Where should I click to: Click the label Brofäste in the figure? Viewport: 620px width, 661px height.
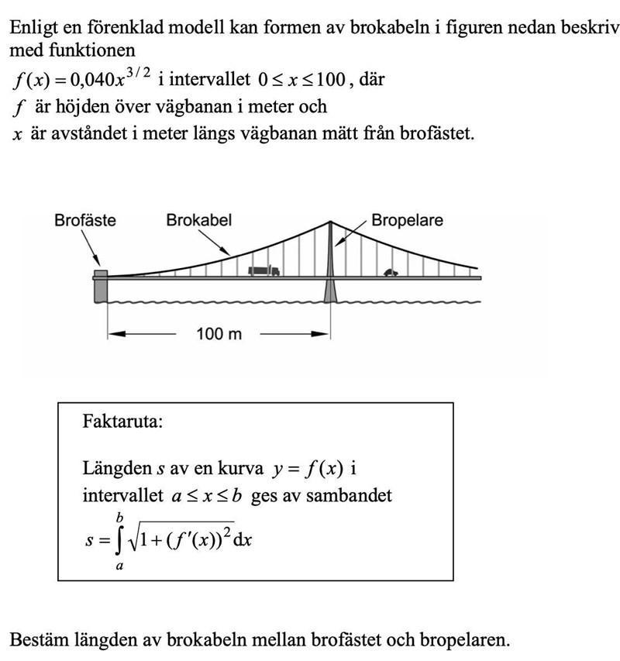point(85,220)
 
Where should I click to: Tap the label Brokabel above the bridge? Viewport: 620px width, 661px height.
point(198,220)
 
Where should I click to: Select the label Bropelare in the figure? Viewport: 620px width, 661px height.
point(407,220)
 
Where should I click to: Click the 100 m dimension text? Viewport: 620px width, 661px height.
point(219,334)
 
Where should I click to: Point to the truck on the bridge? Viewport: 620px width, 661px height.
point(263,270)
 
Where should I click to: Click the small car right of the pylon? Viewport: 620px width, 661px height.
point(391,272)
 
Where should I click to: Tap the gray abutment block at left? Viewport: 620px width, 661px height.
point(100,288)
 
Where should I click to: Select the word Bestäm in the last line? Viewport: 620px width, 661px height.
point(36,639)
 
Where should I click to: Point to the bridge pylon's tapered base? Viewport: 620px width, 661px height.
point(331,290)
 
